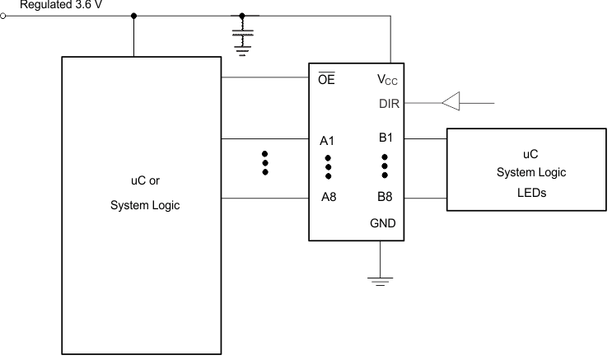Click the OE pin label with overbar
326,80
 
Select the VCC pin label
389,81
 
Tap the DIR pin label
389,103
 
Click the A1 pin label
328,140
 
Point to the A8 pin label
328,197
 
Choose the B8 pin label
385,197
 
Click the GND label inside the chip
384,222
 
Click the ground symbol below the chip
379,281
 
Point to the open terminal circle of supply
5,15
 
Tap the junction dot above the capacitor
241,15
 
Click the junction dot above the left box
134,15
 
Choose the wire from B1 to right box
425,139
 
